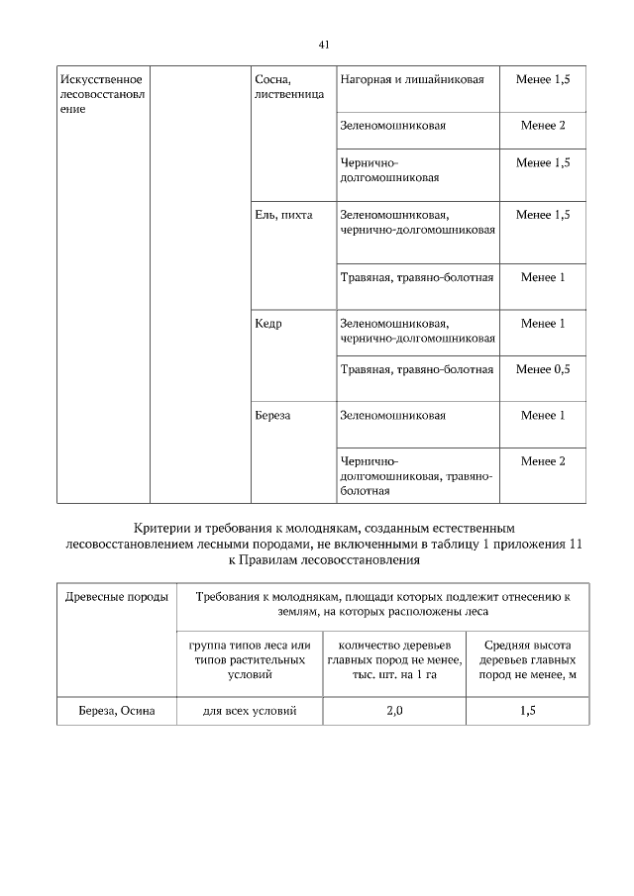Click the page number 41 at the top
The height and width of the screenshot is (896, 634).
[324, 45]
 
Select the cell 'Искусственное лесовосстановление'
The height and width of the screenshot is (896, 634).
[103, 94]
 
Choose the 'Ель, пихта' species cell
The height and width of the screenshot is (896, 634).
[283, 216]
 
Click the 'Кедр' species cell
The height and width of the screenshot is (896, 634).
[268, 324]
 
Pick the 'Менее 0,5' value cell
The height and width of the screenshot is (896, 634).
[543, 369]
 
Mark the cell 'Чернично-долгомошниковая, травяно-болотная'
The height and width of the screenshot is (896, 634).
[416, 475]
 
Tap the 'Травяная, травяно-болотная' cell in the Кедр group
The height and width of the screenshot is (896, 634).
[416, 369]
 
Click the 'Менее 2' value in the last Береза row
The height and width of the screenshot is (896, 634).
[543, 461]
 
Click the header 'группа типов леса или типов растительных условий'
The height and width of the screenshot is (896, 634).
[250, 659]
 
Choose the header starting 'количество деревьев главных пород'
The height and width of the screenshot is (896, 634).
[394, 659]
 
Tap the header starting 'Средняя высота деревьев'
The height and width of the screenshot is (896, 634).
[527, 659]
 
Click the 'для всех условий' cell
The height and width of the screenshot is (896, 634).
[250, 710]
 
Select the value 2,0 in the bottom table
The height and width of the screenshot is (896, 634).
[394, 710]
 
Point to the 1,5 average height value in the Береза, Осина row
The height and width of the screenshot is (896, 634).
[527, 710]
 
